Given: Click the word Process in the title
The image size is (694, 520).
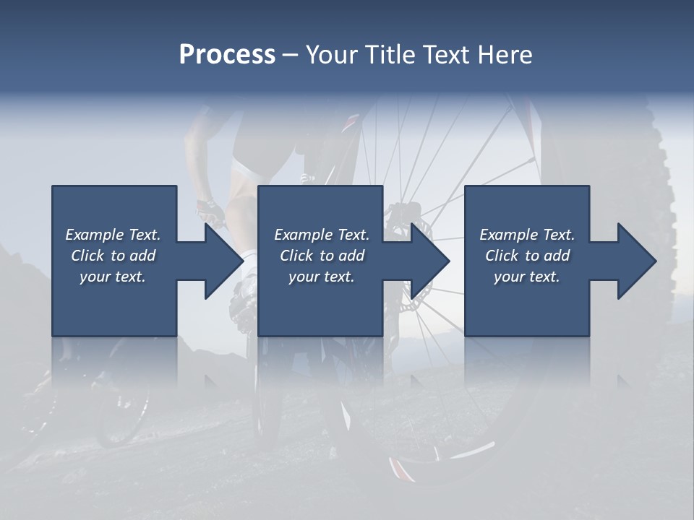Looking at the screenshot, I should click(x=227, y=55).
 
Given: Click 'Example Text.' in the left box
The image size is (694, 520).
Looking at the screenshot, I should click(x=113, y=235).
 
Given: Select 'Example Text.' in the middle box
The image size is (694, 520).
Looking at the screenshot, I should click(x=321, y=235).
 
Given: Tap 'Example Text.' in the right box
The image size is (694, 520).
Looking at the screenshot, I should click(x=527, y=235).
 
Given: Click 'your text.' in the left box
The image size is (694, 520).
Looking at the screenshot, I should click(x=113, y=277).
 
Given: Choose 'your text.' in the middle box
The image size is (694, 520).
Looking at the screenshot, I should click(x=321, y=277).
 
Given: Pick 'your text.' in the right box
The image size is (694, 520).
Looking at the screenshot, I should click(x=527, y=277).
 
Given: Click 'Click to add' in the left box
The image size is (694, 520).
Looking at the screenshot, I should click(x=113, y=256).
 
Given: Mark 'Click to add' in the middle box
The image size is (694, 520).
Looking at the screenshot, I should click(x=321, y=256).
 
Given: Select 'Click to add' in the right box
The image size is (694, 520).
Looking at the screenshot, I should click(x=527, y=256).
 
